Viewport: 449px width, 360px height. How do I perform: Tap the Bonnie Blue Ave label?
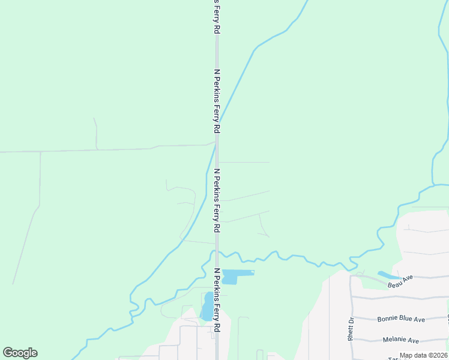coord(401,319)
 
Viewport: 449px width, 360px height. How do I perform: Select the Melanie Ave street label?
coord(401,340)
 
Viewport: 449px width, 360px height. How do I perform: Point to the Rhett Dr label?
coord(350,329)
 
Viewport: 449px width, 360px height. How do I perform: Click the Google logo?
coord(20,353)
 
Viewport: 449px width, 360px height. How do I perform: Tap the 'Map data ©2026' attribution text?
coord(424,355)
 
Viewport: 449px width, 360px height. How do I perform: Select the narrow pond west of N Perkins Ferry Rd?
coord(207,307)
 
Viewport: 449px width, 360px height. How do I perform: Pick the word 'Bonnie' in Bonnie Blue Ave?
coord(388,319)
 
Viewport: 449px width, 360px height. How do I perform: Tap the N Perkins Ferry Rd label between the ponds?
coord(217,300)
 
